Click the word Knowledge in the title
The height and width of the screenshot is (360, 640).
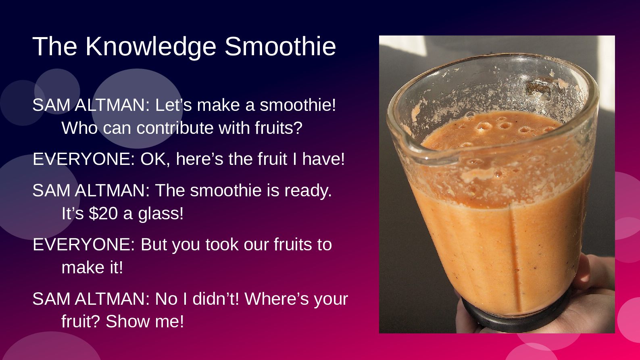(150, 47)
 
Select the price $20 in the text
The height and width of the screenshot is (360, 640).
(103, 213)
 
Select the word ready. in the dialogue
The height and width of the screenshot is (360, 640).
(308, 191)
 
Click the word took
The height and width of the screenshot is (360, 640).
(222, 245)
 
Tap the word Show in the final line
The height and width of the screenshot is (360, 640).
(127, 321)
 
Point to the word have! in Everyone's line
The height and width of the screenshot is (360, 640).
(324, 159)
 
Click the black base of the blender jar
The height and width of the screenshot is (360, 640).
(514, 317)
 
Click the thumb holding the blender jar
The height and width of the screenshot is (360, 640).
(580, 271)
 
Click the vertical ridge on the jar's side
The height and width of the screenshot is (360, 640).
(514, 257)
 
